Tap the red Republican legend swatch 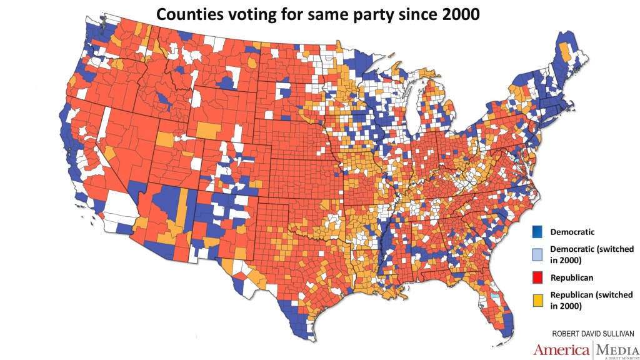point(537,276)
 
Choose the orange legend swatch point(537,299)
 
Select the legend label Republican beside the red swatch point(571,277)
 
